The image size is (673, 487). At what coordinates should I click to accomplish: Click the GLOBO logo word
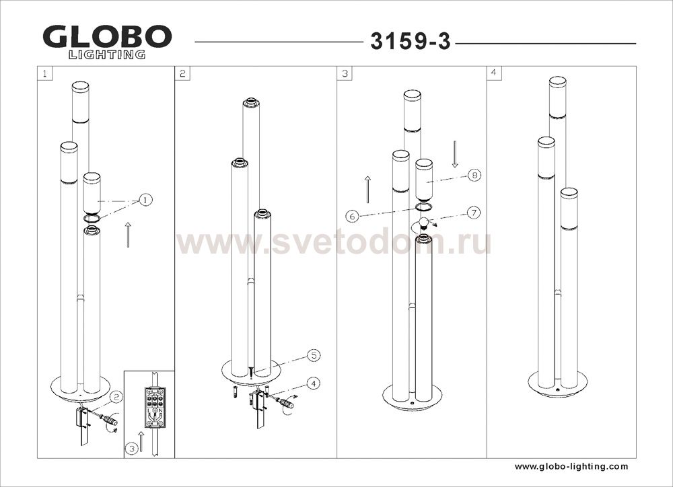click(107, 37)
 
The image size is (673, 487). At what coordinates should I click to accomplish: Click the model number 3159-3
click(411, 42)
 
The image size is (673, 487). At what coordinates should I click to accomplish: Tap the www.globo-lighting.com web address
click(571, 466)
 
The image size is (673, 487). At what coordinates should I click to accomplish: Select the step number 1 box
click(45, 73)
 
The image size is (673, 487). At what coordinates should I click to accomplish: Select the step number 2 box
click(182, 73)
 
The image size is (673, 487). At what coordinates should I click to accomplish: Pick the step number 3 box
click(345, 73)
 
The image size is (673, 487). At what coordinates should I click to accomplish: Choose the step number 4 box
click(494, 73)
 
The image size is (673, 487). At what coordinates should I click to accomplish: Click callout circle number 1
click(145, 200)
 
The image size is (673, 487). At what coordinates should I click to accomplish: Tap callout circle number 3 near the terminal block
click(132, 449)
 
